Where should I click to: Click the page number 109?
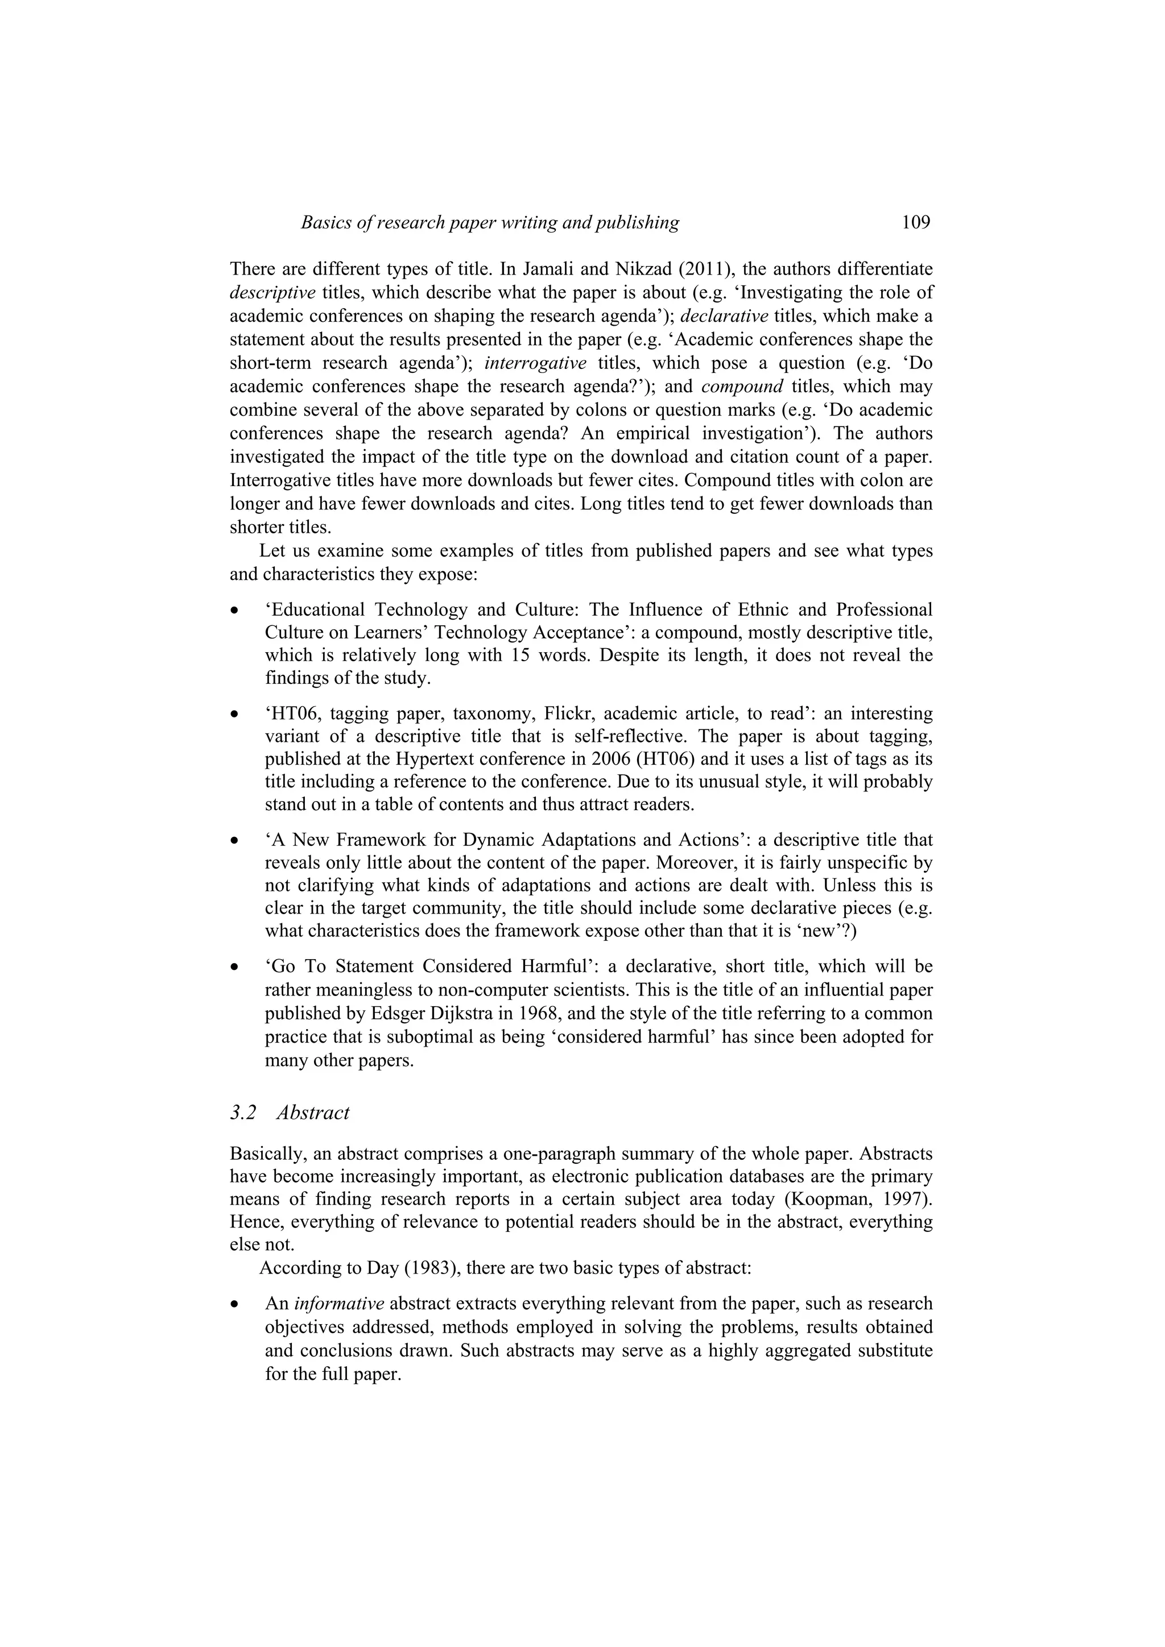(x=915, y=222)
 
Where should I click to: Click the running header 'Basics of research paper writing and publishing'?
(x=490, y=222)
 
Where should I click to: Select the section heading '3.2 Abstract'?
(x=290, y=1113)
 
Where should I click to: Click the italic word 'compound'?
(x=742, y=387)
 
